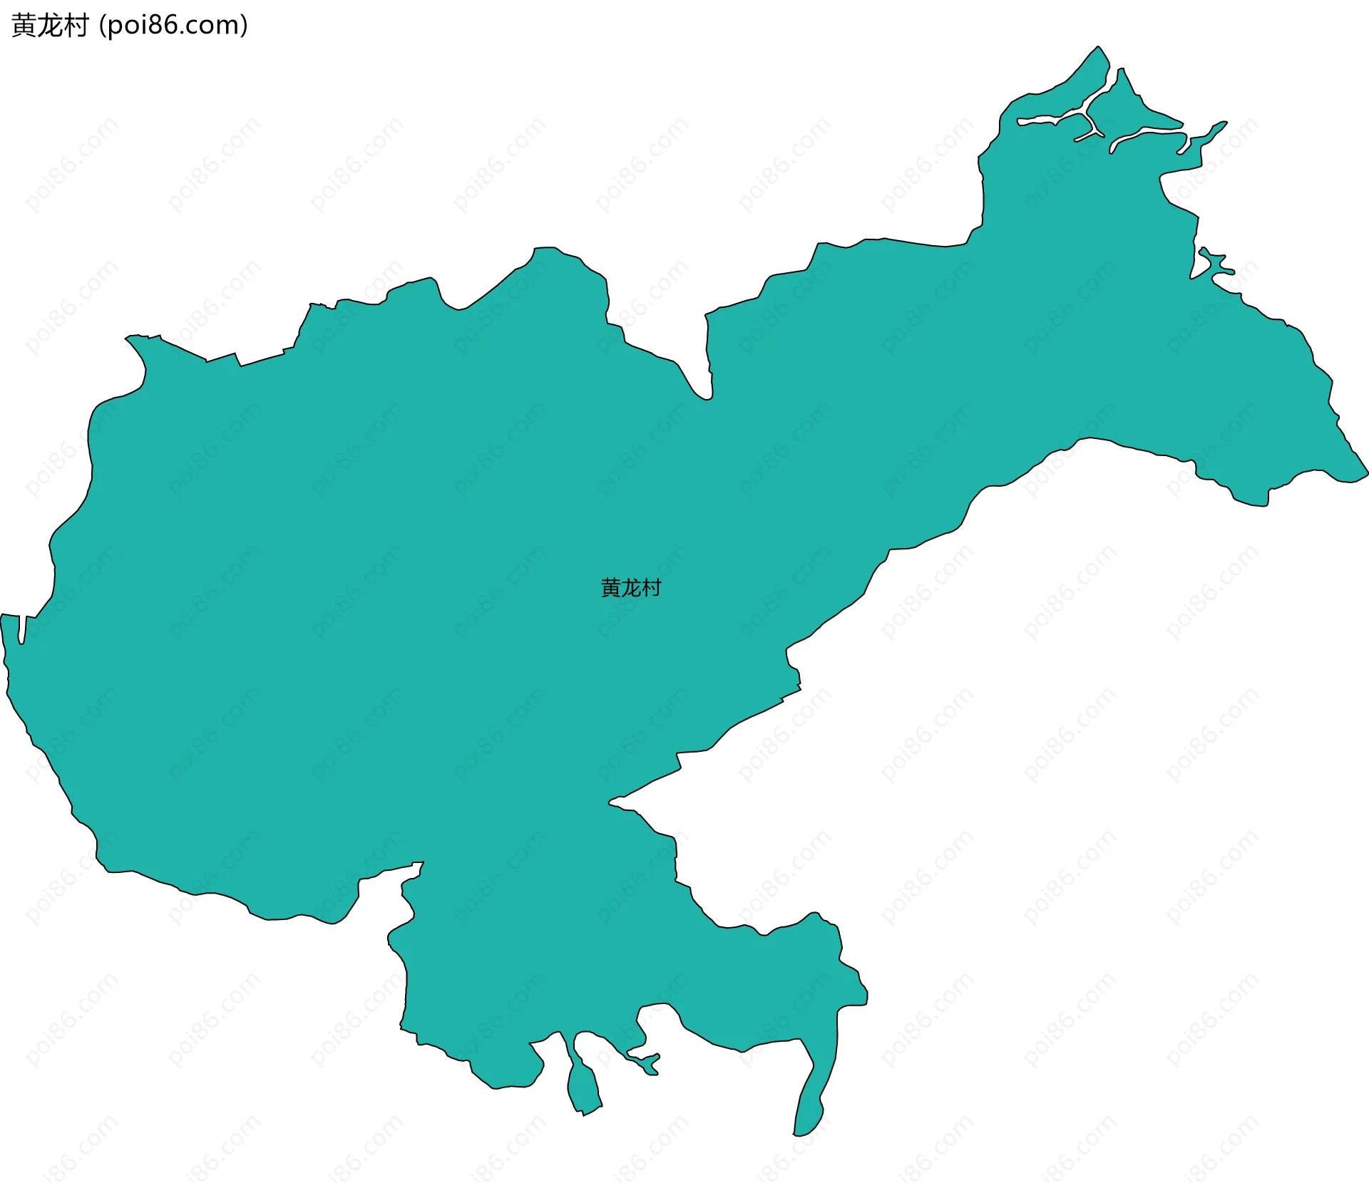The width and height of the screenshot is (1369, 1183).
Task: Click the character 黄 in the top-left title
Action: pyautogui.click(x=24, y=26)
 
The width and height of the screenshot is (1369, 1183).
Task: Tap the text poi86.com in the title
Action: pyautogui.click(x=173, y=26)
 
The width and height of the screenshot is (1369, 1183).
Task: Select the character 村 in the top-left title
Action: pyautogui.click(x=76, y=26)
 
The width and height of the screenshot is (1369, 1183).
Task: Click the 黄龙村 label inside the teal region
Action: pyautogui.click(x=631, y=588)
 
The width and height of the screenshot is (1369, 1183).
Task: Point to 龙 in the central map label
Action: pyautogui.click(x=631, y=588)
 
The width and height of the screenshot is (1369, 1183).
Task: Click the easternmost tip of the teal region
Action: pyautogui.click(x=1367, y=472)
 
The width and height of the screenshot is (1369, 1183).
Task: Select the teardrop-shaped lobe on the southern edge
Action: pyautogui.click(x=583, y=1087)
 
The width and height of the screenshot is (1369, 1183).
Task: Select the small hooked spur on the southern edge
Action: pyautogui.click(x=645, y=1062)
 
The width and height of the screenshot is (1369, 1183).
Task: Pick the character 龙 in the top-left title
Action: pyautogui.click(x=50, y=26)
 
